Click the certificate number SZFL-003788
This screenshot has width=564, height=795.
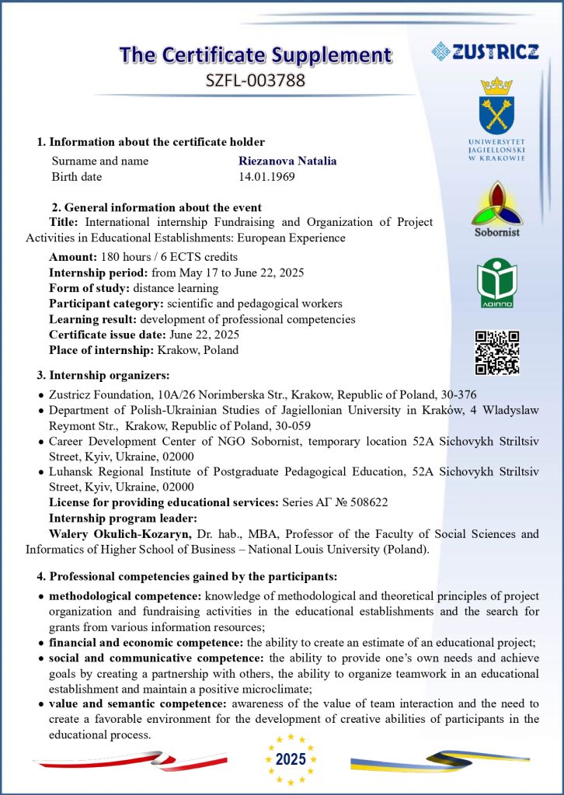tap(256, 79)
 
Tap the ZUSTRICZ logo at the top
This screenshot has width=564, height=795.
tap(485, 52)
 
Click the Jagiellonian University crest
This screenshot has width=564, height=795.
tap(496, 106)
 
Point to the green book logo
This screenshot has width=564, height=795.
tap(496, 281)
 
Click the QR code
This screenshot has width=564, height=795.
tap(496, 352)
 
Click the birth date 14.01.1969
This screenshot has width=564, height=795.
tap(266, 177)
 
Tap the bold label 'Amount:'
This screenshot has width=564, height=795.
tap(73, 257)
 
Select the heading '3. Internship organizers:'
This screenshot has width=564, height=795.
tap(103, 376)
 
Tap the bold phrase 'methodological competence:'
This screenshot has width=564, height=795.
tap(125, 596)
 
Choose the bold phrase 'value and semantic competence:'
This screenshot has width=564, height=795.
tap(137, 704)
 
